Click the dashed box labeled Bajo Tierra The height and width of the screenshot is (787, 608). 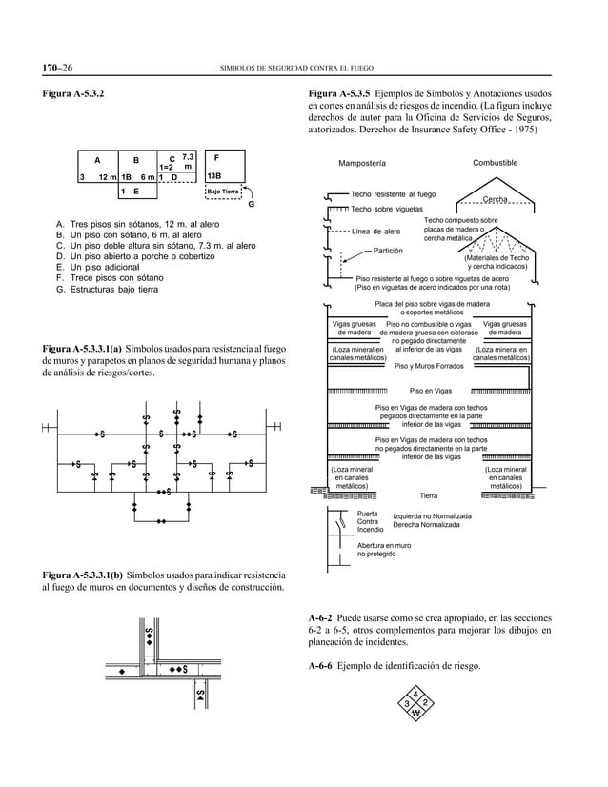223,192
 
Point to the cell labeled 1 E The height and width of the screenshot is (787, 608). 132,192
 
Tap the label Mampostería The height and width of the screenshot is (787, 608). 363,163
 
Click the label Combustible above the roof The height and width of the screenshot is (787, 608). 495,163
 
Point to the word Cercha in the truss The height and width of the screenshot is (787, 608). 494,199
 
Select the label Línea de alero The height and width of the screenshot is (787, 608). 376,232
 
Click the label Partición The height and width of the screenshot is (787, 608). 388,250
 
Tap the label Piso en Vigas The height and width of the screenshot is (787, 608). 430,391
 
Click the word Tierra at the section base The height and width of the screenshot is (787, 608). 429,495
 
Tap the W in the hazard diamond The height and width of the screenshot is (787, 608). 415,714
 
